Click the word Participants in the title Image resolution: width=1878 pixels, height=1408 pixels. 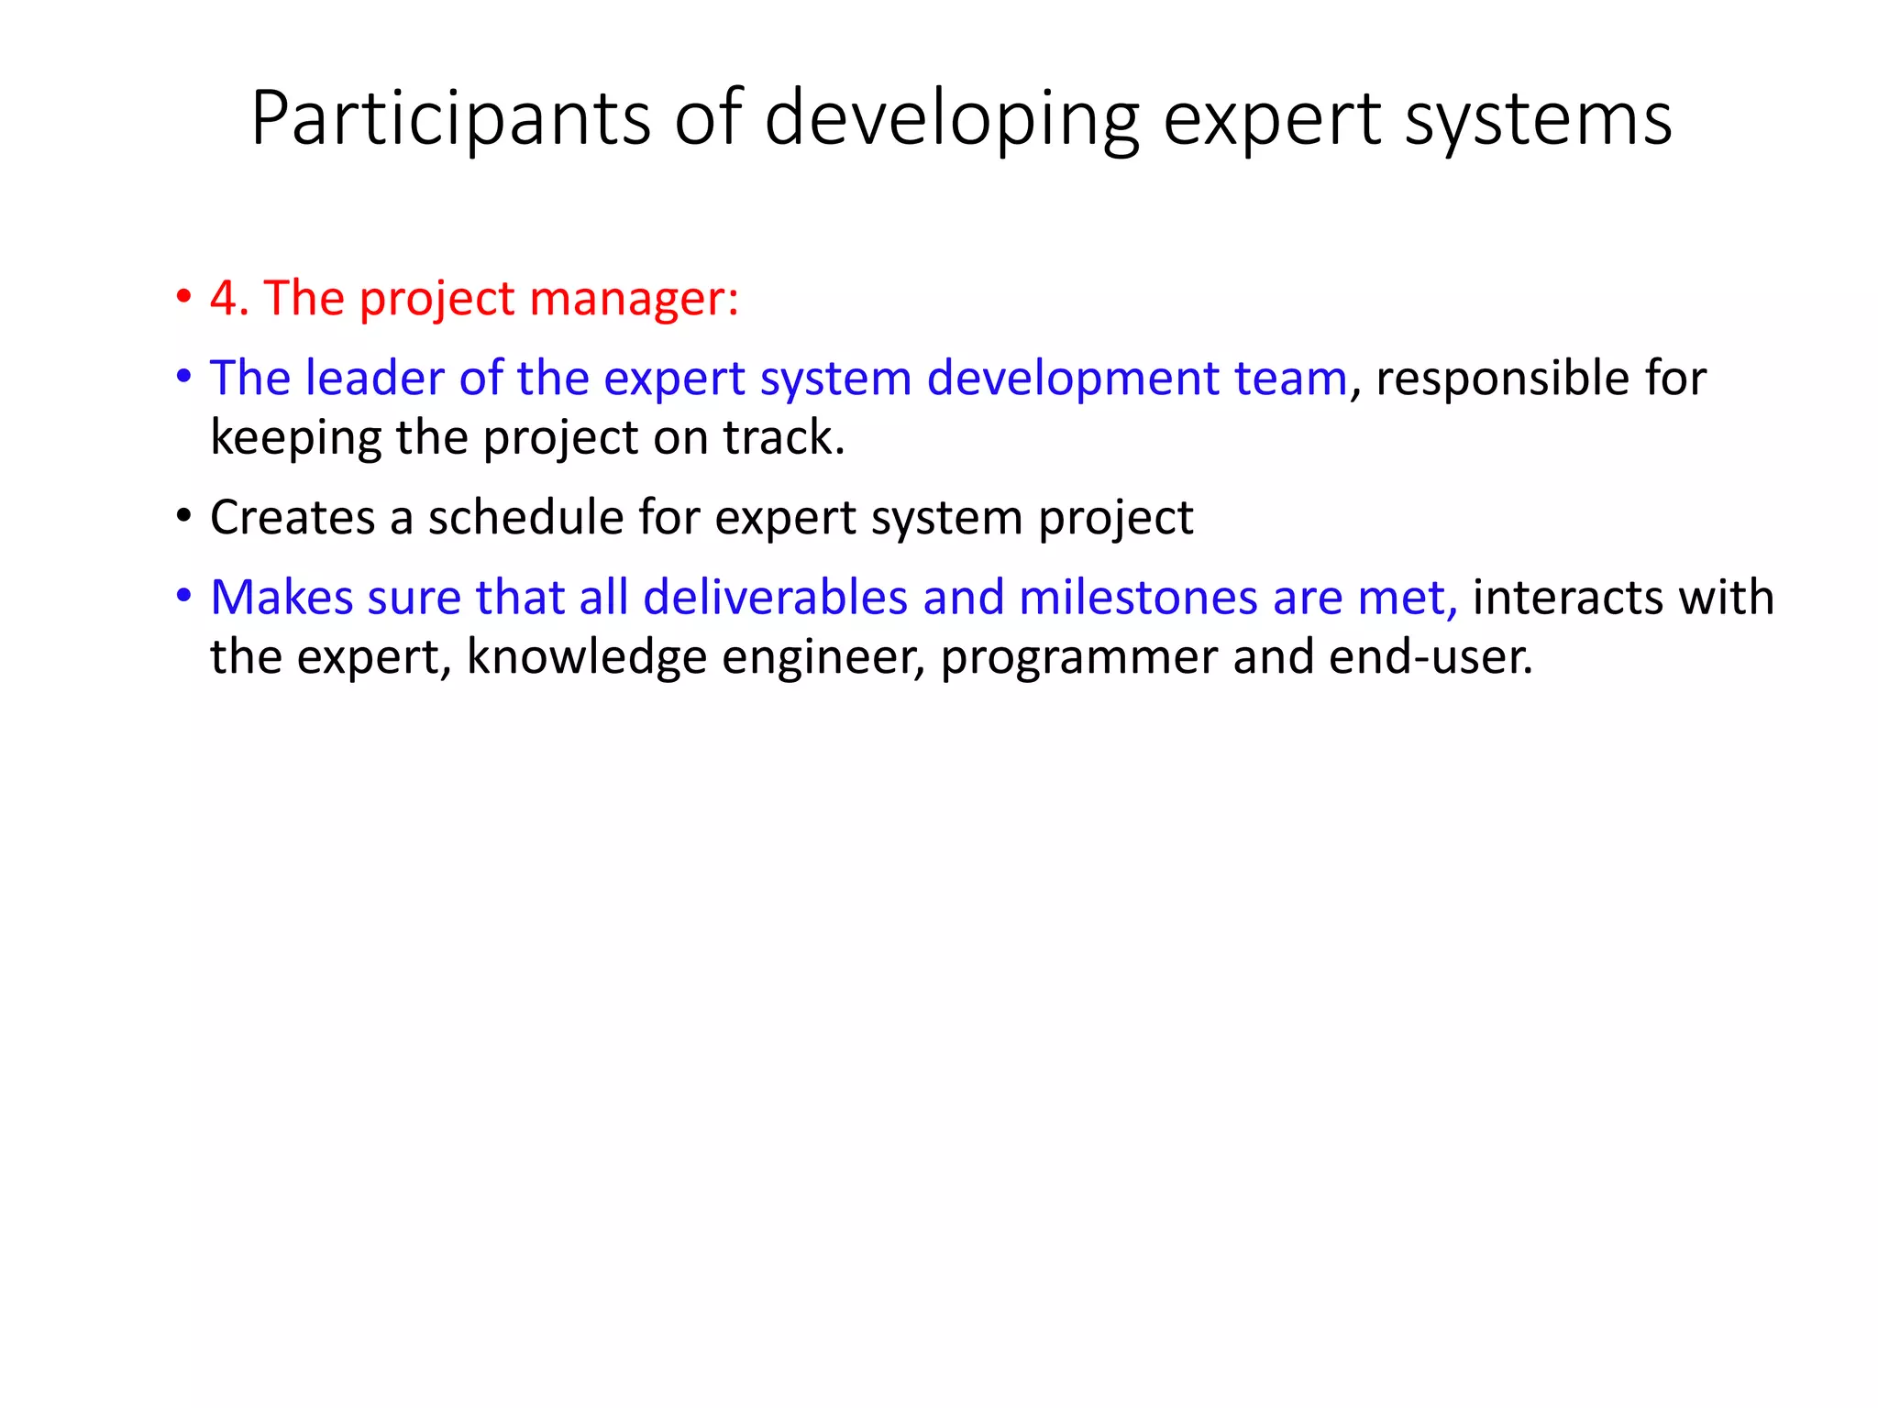(450, 119)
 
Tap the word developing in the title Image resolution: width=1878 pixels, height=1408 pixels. (952, 119)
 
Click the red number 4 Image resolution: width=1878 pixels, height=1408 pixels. (223, 299)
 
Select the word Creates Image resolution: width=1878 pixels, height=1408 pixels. (293, 517)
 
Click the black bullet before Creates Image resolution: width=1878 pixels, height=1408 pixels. (184, 517)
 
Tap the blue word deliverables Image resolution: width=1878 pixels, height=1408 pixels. (775, 598)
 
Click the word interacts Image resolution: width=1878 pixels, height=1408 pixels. (1567, 598)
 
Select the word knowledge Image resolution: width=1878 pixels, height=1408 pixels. (587, 658)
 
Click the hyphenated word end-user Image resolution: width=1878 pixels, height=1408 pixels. (1430, 658)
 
